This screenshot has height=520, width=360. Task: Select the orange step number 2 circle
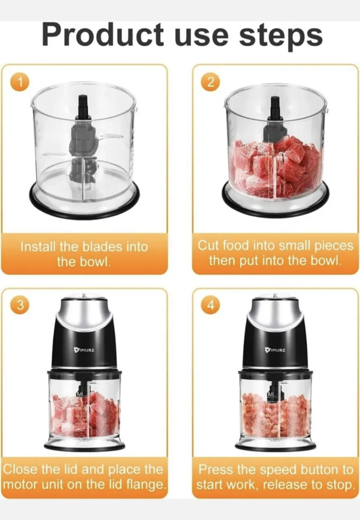[210, 82]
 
